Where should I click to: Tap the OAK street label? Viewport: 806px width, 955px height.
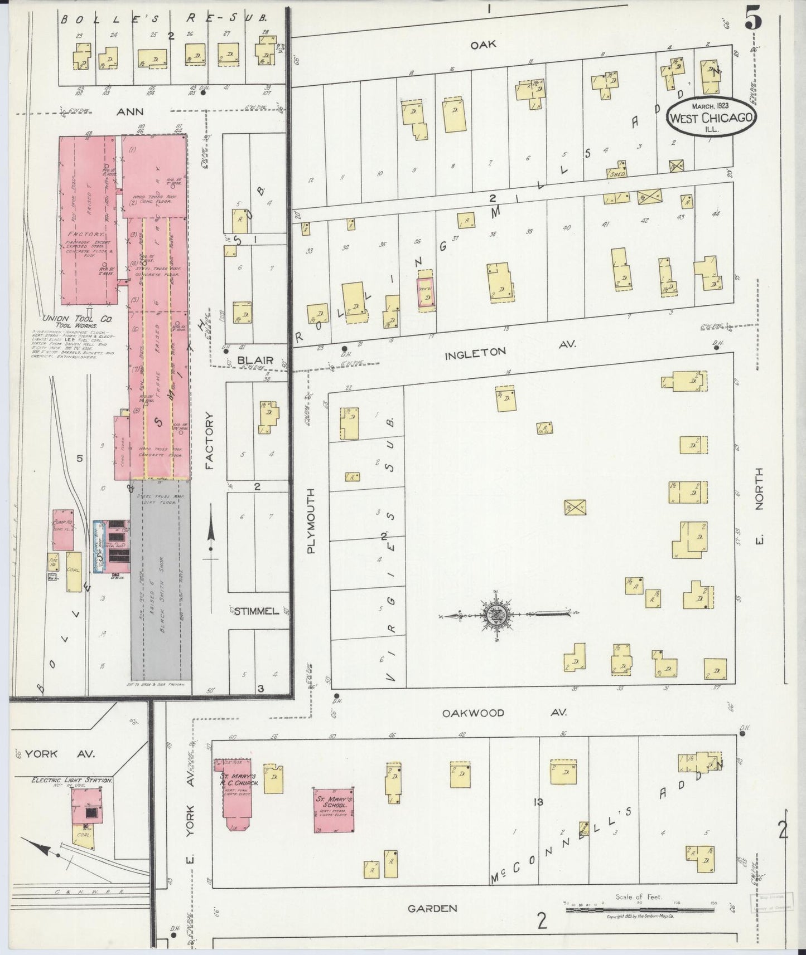(x=483, y=45)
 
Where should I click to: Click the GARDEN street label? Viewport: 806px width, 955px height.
(x=432, y=909)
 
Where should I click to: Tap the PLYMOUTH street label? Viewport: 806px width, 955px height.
(x=311, y=521)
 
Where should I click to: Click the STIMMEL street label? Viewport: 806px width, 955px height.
(x=256, y=611)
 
